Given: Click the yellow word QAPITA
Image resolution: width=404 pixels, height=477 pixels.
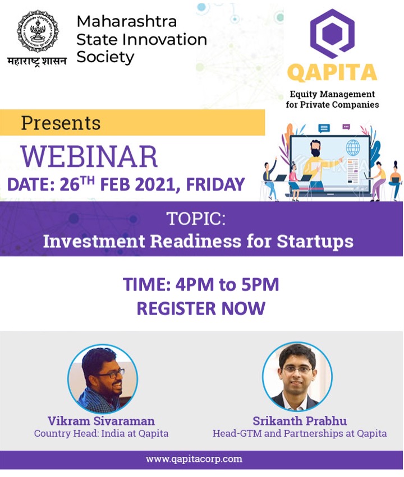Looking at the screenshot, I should pos(332,73).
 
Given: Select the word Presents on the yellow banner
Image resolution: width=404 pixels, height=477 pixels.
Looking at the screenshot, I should pos(61,123).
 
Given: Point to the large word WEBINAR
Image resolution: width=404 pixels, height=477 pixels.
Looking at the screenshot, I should pos(89,157).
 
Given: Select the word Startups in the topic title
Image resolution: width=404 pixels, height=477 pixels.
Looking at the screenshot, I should pos(315,241).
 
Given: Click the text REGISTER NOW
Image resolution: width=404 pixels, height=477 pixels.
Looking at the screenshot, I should pos(201,308).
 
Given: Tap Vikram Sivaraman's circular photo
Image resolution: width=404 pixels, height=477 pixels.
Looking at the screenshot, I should pos(103,378).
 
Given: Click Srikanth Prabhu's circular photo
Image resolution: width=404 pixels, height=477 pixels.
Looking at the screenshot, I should pos(297,377).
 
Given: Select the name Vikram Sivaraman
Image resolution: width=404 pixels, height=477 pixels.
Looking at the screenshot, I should pos(101,420).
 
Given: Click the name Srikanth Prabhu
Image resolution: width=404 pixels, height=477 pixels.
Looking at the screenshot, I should pos(300,420).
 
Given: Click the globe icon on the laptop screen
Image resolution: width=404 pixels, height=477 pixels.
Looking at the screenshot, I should pos(353,149).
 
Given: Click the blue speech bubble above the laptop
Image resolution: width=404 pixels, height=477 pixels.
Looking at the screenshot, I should pos(324,128).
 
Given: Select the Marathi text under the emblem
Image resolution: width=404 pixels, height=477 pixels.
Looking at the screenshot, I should pos(36,61).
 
